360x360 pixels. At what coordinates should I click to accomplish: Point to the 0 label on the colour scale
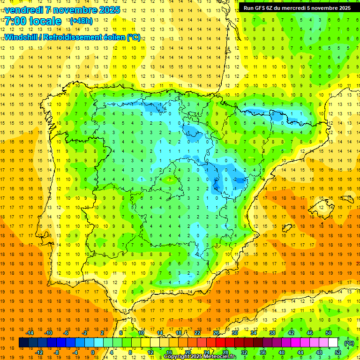point(92,352)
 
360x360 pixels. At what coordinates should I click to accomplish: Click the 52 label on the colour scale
point(338,352)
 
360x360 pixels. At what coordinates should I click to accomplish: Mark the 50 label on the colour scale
point(329,333)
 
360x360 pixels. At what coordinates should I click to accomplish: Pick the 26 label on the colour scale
point(216,333)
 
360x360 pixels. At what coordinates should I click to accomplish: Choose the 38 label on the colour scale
point(272,333)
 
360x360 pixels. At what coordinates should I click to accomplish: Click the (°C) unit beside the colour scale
point(349,343)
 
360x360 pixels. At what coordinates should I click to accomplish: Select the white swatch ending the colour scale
point(333,343)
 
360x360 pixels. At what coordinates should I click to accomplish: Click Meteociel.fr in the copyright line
point(217,357)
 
